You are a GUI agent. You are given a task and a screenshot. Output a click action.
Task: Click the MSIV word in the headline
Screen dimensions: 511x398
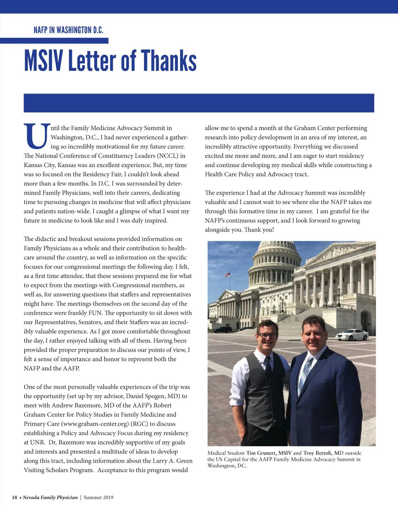[x=43, y=61]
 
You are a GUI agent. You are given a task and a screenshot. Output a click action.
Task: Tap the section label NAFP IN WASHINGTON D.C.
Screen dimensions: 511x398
[x=68, y=30]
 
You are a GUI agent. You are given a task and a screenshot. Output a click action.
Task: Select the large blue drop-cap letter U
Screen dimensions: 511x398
[x=36, y=136]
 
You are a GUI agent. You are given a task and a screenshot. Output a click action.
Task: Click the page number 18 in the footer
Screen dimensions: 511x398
[x=15, y=497]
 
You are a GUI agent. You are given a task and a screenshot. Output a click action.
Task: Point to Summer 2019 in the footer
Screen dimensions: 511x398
[x=99, y=497]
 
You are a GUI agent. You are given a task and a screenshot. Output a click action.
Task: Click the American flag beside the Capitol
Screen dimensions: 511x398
[x=228, y=275]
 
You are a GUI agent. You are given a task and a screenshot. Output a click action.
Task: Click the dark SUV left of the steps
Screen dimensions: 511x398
[x=223, y=329]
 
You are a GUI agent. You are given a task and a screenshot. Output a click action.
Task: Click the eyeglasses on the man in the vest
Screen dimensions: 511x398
[x=267, y=335]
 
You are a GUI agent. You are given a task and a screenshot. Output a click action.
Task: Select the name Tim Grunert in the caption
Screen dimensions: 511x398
[x=261, y=453]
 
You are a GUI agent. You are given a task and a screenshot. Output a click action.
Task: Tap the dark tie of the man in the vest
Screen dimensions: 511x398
[x=268, y=365]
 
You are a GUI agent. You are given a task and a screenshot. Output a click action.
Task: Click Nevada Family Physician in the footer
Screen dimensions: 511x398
[x=50, y=497]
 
